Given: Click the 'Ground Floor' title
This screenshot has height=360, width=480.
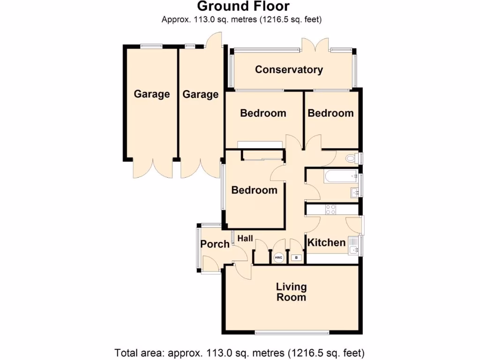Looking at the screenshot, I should click(243, 7).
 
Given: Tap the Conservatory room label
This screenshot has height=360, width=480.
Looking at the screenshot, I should click(289, 70).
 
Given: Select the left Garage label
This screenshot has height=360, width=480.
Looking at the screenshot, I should click(151, 94).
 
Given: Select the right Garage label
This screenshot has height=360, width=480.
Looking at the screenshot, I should click(200, 95).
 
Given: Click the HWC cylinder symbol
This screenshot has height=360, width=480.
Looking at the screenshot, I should click(278, 257).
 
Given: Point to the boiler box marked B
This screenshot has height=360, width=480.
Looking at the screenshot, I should click(296, 258).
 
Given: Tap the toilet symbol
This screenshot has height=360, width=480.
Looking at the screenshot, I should click(351, 158).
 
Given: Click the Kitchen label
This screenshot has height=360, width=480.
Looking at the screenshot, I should click(326, 242).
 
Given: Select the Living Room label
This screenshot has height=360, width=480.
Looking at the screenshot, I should click(291, 292).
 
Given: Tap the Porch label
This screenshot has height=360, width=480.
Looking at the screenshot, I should click(215, 244).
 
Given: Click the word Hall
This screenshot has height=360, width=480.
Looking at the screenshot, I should click(245, 239).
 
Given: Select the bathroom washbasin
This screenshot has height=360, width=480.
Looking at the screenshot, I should click(355, 192).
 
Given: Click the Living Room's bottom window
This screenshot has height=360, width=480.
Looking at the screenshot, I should click(292, 332).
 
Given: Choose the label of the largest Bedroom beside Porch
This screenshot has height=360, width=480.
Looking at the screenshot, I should click(254, 190).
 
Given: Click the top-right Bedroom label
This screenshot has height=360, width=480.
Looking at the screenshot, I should click(330, 113).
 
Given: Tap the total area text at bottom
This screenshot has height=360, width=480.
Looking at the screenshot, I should click(240, 352).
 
